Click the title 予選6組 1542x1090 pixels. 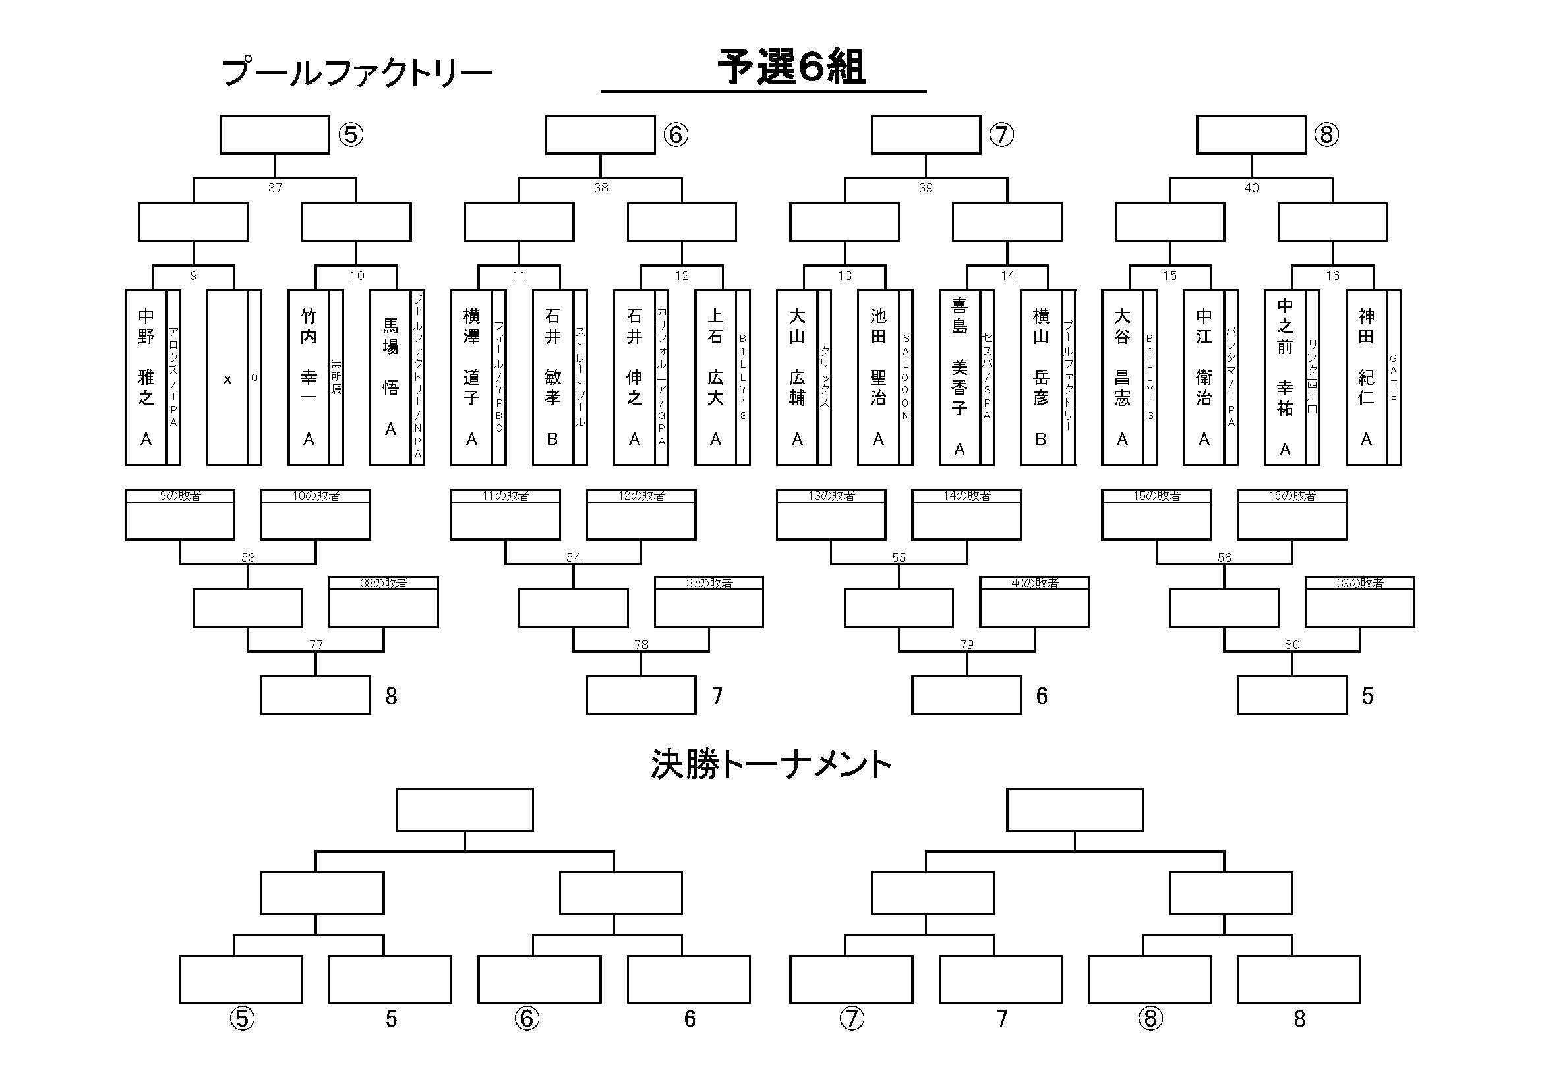[x=790, y=68]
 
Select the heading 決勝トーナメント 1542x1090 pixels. [x=770, y=764]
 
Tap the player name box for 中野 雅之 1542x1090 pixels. [x=146, y=376]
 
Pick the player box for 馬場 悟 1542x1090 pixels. [x=390, y=376]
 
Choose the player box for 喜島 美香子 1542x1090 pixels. [x=959, y=376]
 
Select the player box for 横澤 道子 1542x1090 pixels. [x=471, y=376]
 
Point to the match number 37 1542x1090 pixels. [x=275, y=188]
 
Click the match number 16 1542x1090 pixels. [x=1332, y=276]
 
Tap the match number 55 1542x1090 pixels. [x=899, y=558]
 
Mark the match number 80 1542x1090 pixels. [x=1292, y=645]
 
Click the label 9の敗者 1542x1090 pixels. [x=180, y=496]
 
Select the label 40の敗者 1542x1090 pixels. [x=1034, y=583]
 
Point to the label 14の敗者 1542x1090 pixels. [x=966, y=496]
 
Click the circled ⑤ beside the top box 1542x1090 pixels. [x=351, y=135]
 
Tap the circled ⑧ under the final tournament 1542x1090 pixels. [x=1150, y=1019]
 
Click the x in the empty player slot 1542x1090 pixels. [x=227, y=379]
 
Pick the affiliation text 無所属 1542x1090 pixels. [x=336, y=376]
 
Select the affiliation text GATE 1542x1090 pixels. [x=1394, y=377]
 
